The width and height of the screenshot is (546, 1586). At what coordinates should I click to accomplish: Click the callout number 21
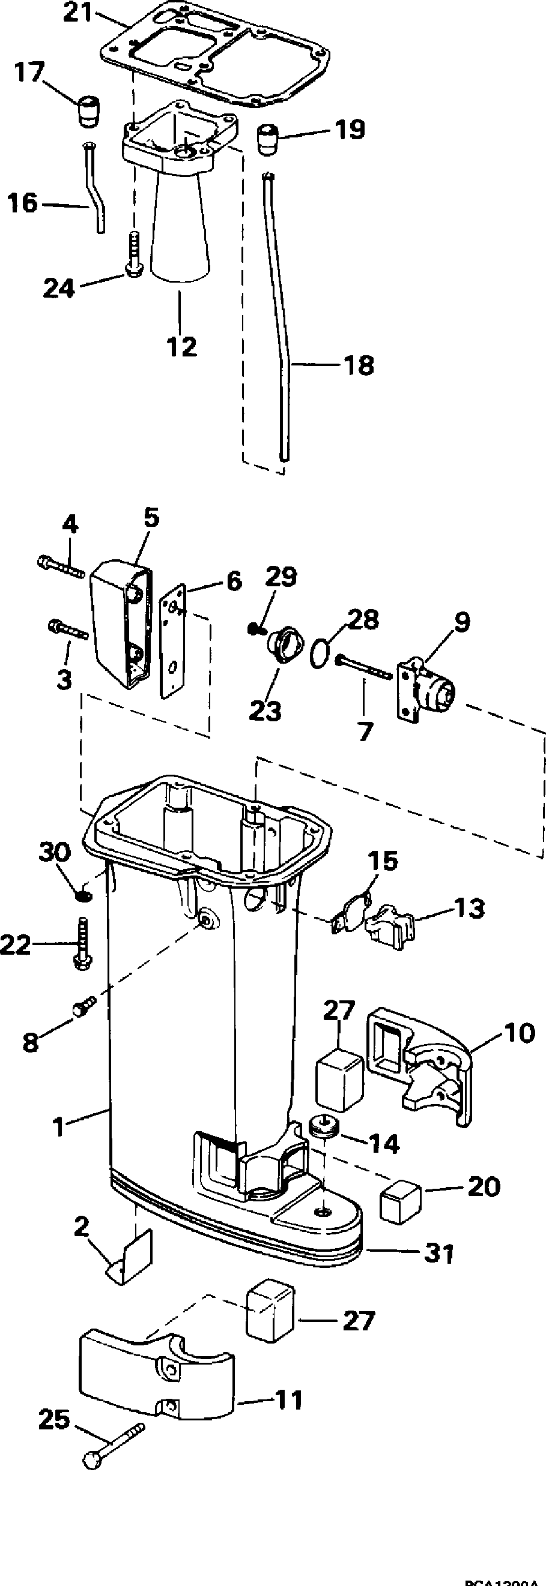click(x=78, y=13)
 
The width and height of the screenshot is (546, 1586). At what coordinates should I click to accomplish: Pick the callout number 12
click(x=182, y=347)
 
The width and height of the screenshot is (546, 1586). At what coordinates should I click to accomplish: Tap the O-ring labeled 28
click(x=319, y=652)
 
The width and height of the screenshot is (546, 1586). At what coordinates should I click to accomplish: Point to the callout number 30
click(x=55, y=853)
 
